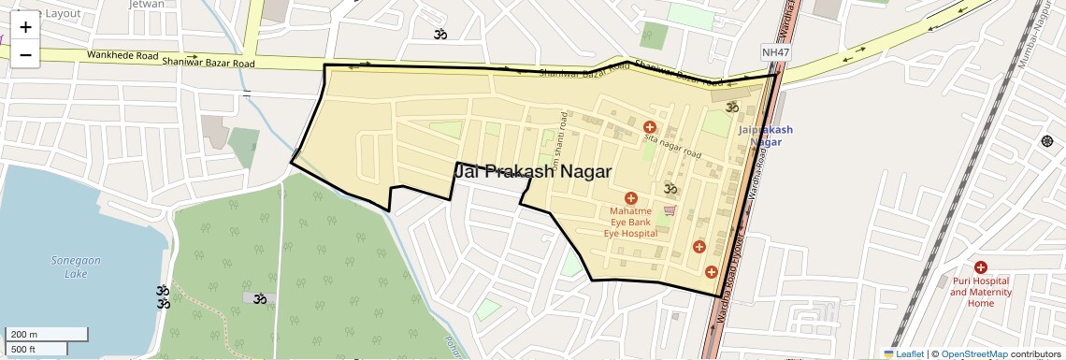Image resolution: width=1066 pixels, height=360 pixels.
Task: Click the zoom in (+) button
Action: (x=25, y=27)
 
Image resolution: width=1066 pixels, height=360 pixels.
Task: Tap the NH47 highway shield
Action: (x=775, y=53)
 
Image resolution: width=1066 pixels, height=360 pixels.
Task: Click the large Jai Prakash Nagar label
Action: (x=533, y=172)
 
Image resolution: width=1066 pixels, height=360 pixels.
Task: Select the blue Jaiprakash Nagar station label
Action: (x=765, y=136)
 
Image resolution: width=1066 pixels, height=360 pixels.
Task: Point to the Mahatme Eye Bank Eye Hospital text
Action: (x=630, y=222)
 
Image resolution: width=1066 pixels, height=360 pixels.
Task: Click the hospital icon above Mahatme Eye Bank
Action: (x=630, y=198)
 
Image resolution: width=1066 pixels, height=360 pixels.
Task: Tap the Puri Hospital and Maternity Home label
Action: (x=980, y=292)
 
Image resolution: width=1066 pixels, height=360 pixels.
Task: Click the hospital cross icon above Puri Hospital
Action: (x=980, y=267)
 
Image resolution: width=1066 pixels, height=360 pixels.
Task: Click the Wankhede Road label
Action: (x=122, y=55)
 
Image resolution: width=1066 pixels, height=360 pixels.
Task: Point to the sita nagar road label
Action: (x=672, y=146)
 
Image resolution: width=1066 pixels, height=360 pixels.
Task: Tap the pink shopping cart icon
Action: (x=669, y=210)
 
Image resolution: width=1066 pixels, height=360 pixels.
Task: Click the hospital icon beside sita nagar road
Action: (x=649, y=127)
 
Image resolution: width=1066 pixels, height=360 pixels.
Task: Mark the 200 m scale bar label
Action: (x=24, y=335)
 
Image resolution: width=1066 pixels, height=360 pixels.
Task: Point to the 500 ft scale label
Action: (x=23, y=349)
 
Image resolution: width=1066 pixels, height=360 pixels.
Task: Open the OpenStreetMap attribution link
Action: (x=973, y=353)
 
